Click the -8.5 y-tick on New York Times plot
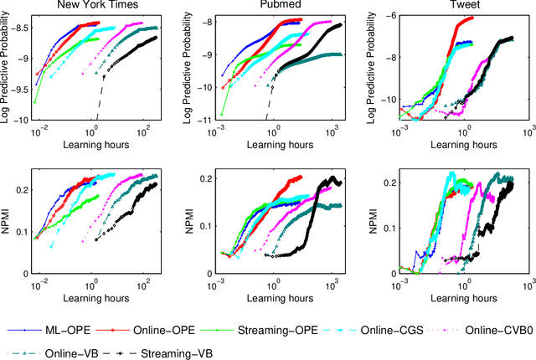(19, 28)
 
